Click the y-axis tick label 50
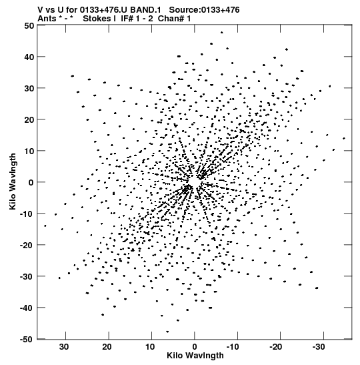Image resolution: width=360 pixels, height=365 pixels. [x=29, y=25]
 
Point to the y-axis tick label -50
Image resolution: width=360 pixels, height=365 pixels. [x=27, y=340]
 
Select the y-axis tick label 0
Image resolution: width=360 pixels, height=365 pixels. [x=31, y=183]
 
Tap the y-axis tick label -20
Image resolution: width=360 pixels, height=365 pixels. [x=27, y=245]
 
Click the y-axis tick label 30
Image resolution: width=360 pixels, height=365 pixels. [x=29, y=89]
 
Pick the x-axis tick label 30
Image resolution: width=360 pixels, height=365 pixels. [x=64, y=347]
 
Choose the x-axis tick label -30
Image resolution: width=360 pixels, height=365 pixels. [x=319, y=347]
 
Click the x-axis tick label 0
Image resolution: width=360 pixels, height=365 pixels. [x=195, y=347]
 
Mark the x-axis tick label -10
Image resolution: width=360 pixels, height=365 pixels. [x=233, y=347]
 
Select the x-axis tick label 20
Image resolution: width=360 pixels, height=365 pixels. [x=107, y=347]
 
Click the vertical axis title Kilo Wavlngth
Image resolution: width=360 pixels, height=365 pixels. [x=13, y=181]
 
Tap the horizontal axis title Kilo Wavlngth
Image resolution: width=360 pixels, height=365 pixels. [x=195, y=356]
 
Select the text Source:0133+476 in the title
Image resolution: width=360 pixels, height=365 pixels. [x=204, y=10]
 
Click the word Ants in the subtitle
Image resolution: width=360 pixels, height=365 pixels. [x=47, y=19]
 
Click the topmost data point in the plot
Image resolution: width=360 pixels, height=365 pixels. [x=221, y=33]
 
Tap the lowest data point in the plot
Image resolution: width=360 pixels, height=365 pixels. [x=167, y=332]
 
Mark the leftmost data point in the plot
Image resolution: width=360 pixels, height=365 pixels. [x=45, y=226]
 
